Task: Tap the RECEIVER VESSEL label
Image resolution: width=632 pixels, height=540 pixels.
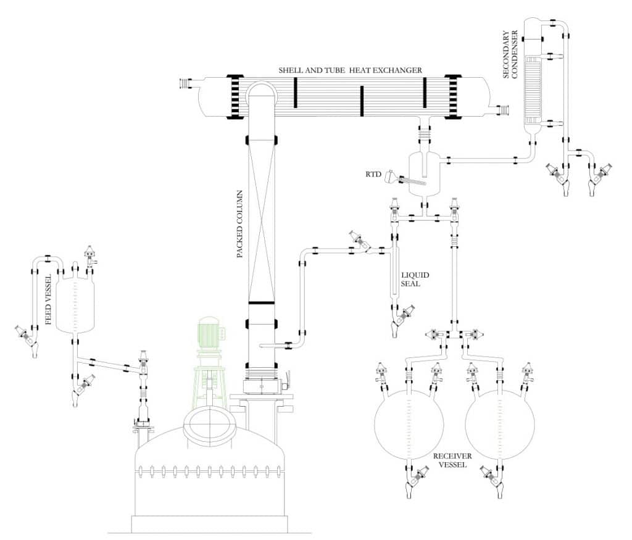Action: [452, 460]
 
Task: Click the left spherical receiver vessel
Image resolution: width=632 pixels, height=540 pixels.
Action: [409, 425]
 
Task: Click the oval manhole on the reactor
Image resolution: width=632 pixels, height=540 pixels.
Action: [211, 425]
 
